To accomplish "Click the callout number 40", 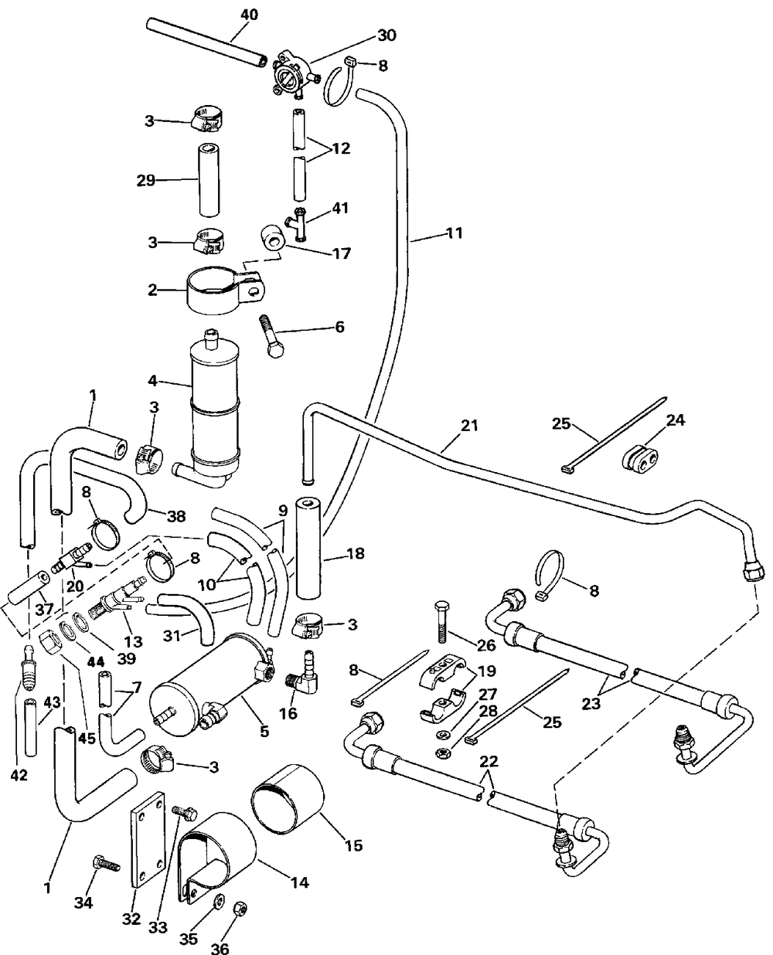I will [250, 14].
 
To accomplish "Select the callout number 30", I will [386, 35].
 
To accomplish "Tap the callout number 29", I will [145, 180].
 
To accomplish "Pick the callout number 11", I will [455, 232].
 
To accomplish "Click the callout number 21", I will [469, 425].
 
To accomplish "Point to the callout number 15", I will [352, 846].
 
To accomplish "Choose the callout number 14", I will [299, 882].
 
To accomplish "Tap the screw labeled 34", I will [104, 863].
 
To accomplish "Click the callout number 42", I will [19, 775].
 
